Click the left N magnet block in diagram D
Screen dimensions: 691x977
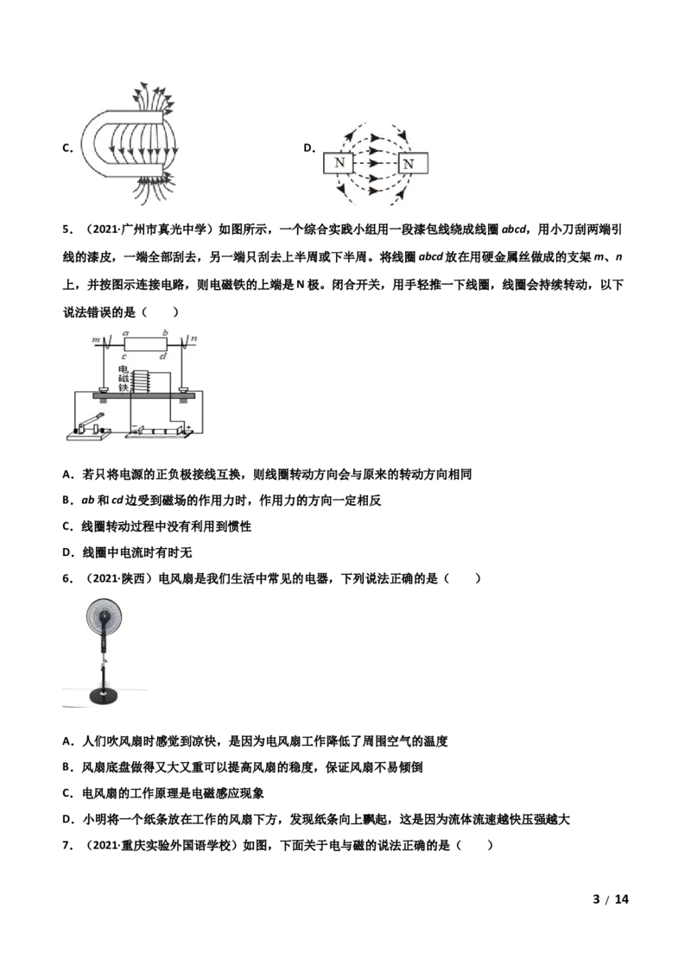339,162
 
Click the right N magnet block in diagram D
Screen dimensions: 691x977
413,163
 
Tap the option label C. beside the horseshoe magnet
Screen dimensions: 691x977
68,148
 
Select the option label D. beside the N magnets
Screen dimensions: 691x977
309,148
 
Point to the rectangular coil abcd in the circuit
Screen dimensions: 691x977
144,344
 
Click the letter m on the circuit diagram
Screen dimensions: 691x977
96,339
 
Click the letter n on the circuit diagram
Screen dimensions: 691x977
194,339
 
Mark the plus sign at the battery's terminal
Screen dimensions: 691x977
187,427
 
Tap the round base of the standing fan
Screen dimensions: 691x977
104,696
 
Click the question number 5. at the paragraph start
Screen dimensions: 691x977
68,230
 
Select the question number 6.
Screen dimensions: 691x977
68,578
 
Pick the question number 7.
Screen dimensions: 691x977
68,845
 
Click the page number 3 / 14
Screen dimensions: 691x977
611,898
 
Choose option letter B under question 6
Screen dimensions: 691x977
68,767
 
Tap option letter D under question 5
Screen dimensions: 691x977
68,552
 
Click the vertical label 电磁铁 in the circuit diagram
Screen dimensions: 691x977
123,379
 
